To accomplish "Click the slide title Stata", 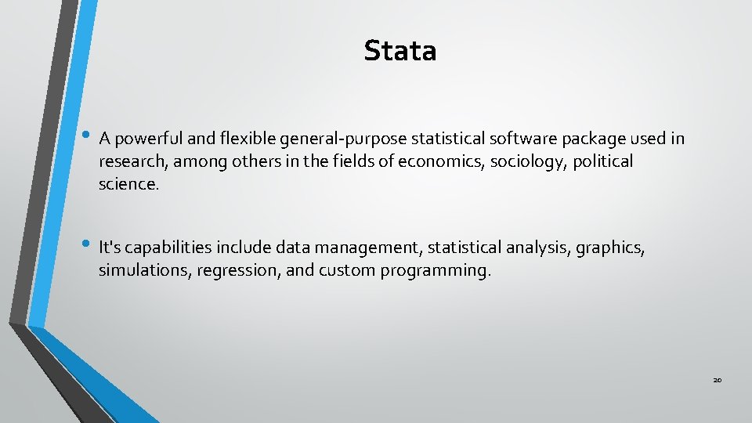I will [x=399, y=51].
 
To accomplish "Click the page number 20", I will [x=717, y=380].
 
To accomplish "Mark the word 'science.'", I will [x=128, y=184].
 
